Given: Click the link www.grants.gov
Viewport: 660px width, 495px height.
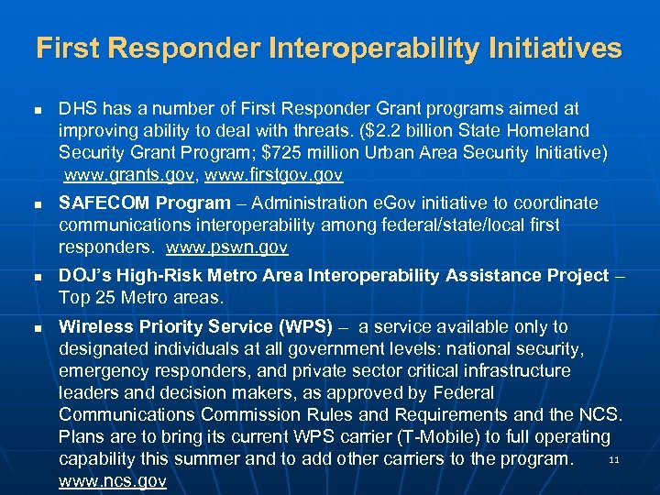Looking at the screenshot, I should click(x=131, y=175).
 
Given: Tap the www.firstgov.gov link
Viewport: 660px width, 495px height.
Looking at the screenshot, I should click(x=275, y=175).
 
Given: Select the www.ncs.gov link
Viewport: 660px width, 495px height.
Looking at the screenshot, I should click(x=112, y=481).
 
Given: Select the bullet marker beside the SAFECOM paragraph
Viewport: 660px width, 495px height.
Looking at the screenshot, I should click(x=38, y=203).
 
